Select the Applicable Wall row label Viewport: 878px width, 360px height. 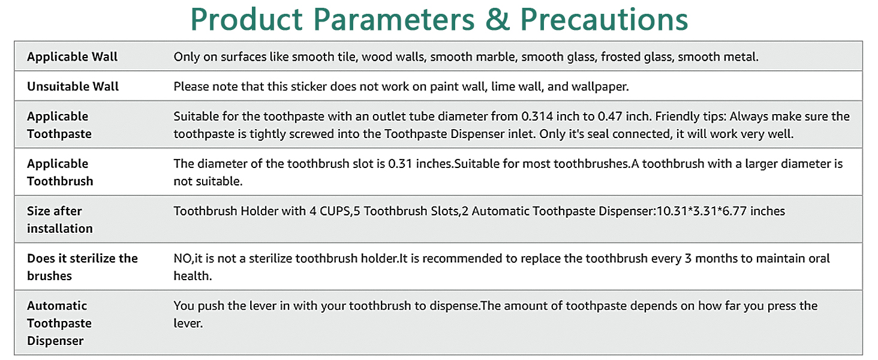[x=73, y=57]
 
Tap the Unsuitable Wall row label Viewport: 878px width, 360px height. [x=73, y=86]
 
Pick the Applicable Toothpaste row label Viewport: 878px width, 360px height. [x=59, y=125]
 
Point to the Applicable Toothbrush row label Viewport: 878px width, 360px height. [x=60, y=172]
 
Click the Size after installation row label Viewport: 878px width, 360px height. [x=60, y=220]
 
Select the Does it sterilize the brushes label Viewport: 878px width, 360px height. [x=82, y=267]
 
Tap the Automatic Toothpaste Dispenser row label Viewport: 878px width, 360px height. [x=59, y=323]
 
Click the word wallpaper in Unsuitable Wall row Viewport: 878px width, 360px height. [x=599, y=86]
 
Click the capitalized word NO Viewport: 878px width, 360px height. [x=182, y=259]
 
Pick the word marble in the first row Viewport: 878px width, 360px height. [x=497, y=57]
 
